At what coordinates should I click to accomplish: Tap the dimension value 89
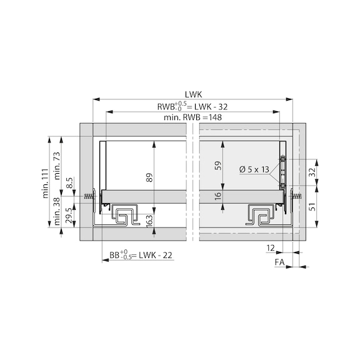149,177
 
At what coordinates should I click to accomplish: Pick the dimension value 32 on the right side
312,171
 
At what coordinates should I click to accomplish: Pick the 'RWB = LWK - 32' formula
188,106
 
